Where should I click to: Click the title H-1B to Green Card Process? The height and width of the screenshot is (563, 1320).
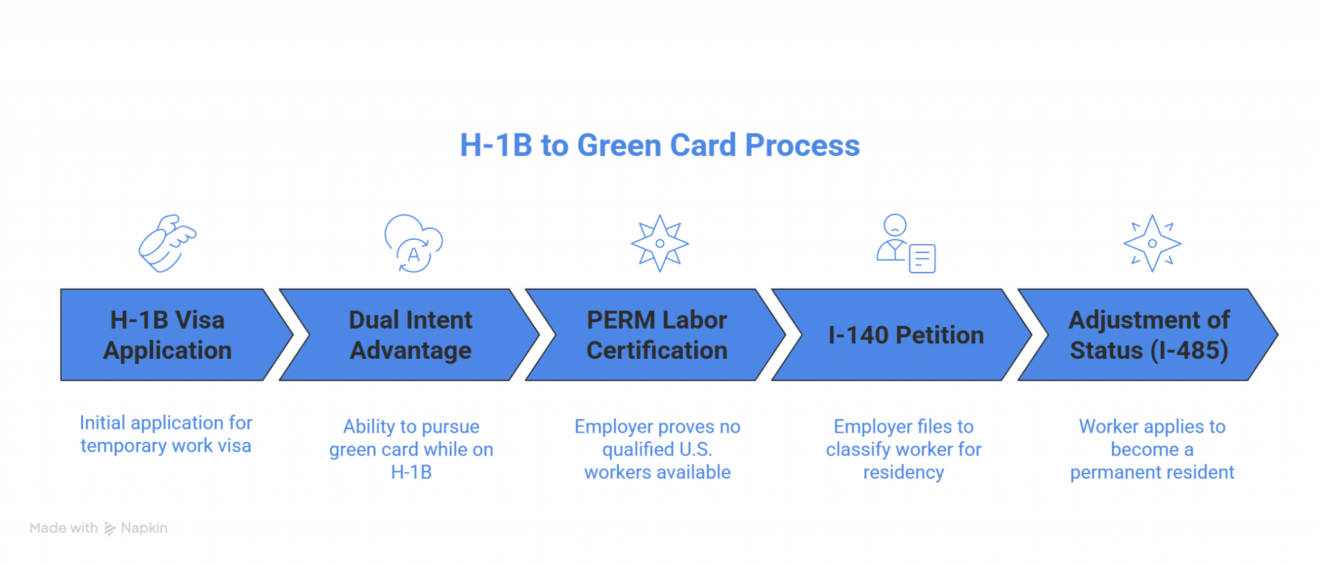(x=659, y=145)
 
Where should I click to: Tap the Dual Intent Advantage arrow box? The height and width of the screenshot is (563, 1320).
(x=410, y=334)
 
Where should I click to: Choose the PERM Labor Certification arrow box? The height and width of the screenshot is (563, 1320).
(x=656, y=334)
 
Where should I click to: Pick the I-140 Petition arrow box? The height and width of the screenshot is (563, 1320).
(x=902, y=334)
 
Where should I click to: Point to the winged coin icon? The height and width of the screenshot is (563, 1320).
(x=168, y=243)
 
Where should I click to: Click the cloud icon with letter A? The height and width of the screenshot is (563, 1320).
(x=413, y=243)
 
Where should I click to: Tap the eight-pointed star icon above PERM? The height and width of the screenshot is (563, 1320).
(x=659, y=243)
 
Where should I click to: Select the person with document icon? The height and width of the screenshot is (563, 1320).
(x=906, y=243)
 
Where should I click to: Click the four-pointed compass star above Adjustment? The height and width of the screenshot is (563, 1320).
(x=1152, y=243)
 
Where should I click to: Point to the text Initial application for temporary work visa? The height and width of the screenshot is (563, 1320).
(x=166, y=434)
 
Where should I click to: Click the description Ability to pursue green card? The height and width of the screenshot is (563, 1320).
(x=411, y=449)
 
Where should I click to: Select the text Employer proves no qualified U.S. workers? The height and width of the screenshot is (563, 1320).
(x=657, y=449)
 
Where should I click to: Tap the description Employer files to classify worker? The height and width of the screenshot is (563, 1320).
(x=904, y=449)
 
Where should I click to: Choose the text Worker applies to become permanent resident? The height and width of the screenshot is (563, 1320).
(x=1152, y=449)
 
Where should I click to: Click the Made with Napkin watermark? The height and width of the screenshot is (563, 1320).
(x=99, y=528)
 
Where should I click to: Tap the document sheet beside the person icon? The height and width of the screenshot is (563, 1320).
(x=922, y=258)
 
